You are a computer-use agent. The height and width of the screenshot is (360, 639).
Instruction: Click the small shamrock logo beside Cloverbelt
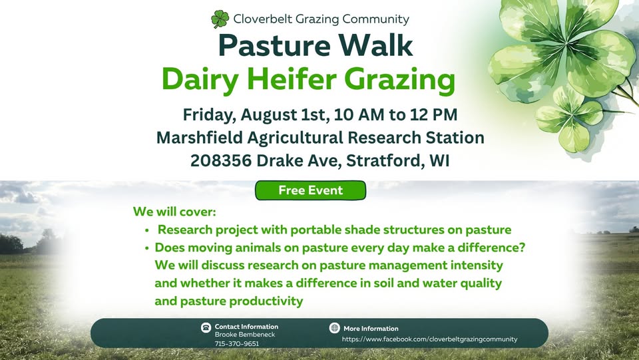[x=220, y=19]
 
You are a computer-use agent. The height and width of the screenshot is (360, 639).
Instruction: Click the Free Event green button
[x=311, y=190]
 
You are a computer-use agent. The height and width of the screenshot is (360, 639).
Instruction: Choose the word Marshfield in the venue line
[x=199, y=138]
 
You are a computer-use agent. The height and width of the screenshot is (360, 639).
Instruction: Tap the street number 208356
[x=221, y=160]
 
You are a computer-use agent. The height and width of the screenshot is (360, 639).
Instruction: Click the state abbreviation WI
[x=439, y=160]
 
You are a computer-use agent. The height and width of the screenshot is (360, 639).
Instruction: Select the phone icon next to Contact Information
[x=206, y=327]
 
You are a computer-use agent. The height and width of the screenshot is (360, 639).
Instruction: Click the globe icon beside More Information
[x=335, y=327]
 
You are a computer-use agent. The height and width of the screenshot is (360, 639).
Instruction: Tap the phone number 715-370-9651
[x=237, y=344]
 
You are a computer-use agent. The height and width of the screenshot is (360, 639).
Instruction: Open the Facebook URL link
[x=429, y=339]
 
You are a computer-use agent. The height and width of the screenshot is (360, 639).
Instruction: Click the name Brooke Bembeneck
[x=245, y=335]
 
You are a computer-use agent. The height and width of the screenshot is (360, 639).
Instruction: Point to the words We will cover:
[x=174, y=212]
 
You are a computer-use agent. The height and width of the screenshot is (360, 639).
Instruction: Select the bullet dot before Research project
[x=147, y=230]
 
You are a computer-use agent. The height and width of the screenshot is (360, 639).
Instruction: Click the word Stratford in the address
[x=383, y=160]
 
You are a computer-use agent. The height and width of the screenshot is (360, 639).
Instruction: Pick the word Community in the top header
[x=375, y=19]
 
